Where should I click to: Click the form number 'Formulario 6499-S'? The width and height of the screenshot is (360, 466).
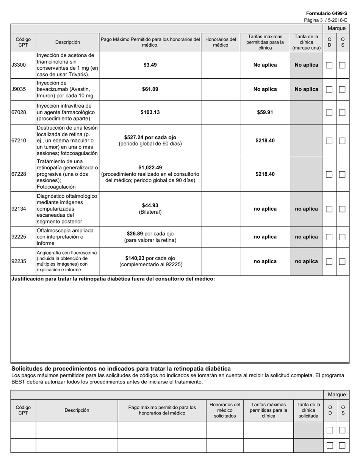click(326, 13)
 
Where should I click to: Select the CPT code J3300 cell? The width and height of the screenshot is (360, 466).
click(19, 65)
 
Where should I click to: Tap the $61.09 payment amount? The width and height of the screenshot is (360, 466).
click(150, 89)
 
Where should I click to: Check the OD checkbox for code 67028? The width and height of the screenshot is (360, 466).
click(329, 113)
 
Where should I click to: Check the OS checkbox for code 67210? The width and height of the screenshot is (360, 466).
click(342, 141)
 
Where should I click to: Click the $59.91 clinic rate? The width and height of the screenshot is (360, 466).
click(265, 113)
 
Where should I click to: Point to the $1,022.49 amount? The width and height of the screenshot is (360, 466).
click(150, 167)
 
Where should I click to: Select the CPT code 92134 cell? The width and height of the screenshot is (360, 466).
click(19, 209)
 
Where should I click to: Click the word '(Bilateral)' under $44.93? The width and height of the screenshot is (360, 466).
click(150, 212)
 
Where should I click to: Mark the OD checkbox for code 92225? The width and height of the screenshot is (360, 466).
click(329, 237)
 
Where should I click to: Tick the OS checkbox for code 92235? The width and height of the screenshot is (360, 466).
click(342, 261)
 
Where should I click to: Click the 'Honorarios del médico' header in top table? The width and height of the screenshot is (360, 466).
click(220, 42)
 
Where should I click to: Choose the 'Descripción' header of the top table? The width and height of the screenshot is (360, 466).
click(67, 42)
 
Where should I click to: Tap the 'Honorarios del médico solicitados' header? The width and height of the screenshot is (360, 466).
click(225, 410)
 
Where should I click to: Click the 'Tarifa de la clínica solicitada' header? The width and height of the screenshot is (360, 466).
click(308, 410)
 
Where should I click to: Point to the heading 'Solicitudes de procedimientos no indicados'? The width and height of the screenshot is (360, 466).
click(121, 369)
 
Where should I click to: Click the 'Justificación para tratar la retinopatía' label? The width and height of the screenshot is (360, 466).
click(113, 279)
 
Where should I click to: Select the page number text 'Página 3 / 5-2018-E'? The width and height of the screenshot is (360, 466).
click(325, 20)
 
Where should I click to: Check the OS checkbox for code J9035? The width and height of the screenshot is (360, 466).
click(342, 89)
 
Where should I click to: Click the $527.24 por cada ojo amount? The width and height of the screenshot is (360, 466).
click(150, 137)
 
